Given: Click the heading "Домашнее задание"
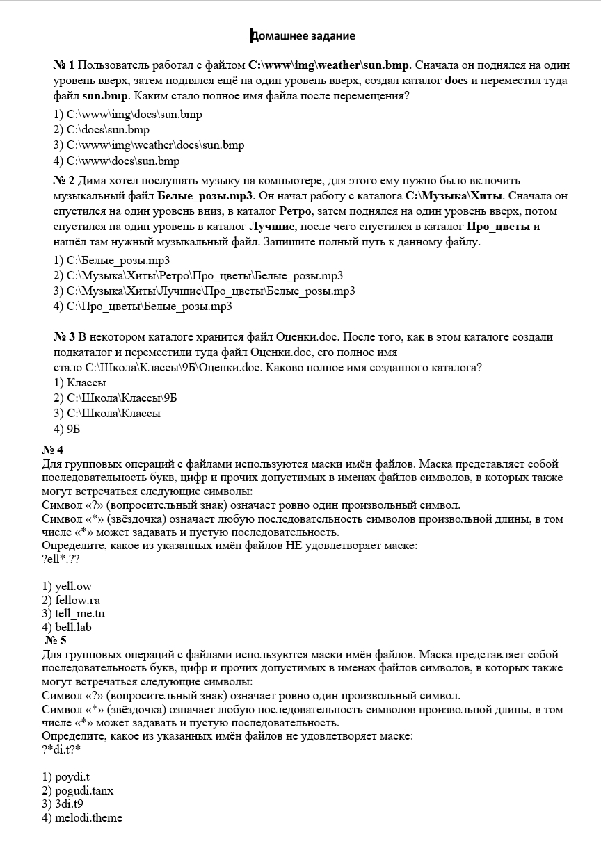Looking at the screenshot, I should pos(303,36).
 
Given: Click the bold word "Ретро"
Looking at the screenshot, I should pos(298,211).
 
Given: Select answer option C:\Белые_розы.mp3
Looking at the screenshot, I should pos(111,261).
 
